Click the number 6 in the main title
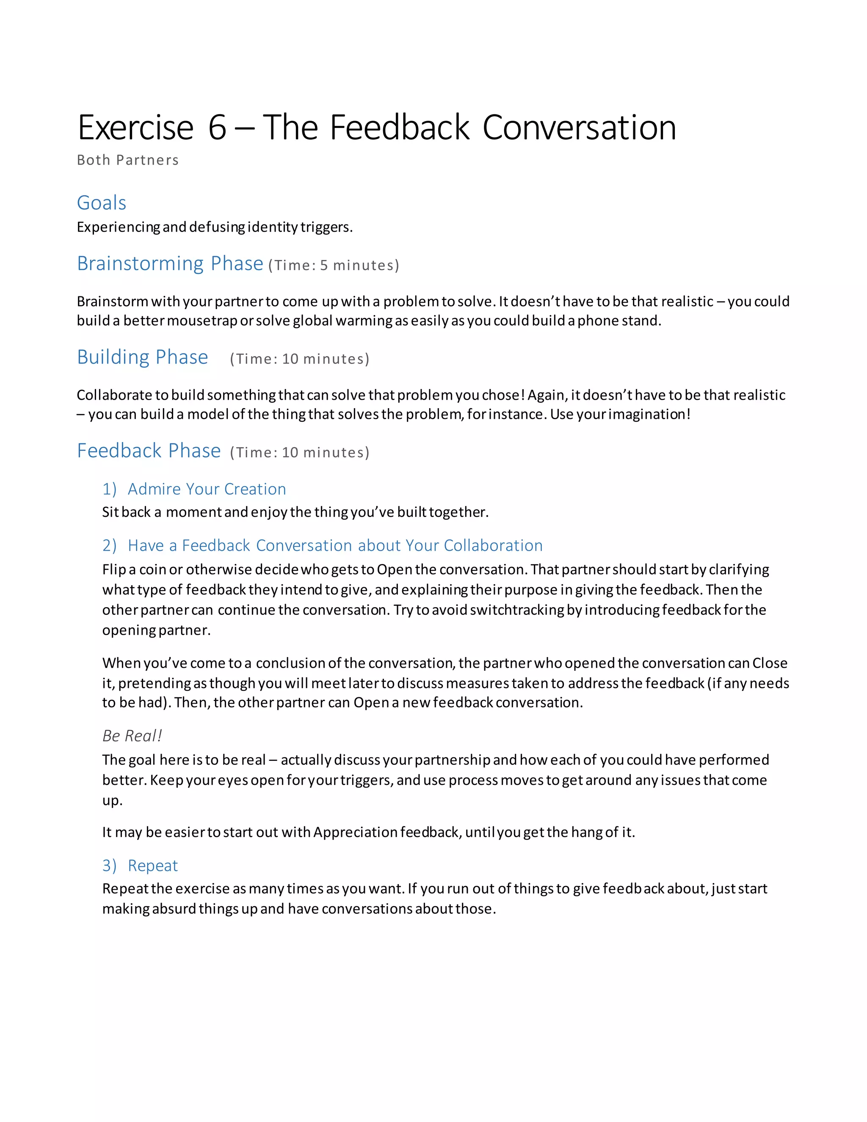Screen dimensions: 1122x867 (217, 127)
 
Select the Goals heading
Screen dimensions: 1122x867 (101, 202)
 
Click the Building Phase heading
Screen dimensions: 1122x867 (142, 356)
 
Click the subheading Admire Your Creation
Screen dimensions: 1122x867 (207, 489)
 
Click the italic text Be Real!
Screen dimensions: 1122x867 (132, 736)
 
